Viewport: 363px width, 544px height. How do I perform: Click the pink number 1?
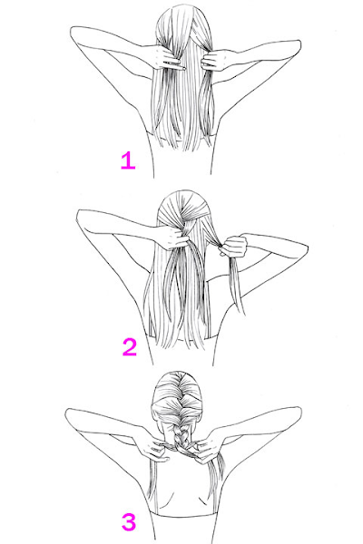click(128, 161)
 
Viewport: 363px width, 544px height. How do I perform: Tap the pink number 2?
click(130, 347)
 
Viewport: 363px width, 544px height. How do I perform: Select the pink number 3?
click(129, 523)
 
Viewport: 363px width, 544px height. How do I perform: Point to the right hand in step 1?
click(215, 59)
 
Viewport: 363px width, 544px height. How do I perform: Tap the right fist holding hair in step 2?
click(234, 247)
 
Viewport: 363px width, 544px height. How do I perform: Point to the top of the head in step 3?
click(178, 374)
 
